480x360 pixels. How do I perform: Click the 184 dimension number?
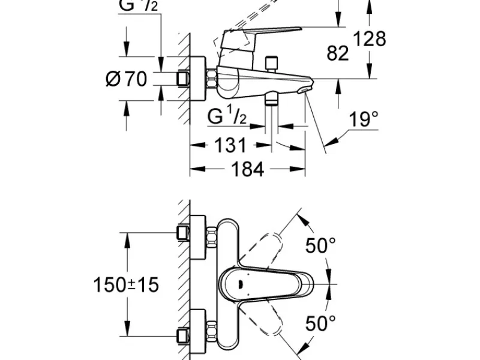point(247,169)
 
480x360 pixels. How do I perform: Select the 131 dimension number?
point(230,145)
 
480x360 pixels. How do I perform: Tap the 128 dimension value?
point(370,39)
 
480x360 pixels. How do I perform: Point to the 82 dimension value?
point(338,53)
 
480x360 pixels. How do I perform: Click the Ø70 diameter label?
point(126,79)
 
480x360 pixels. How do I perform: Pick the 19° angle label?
point(364,119)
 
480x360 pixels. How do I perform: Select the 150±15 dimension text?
point(126,284)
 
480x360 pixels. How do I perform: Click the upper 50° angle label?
point(320,245)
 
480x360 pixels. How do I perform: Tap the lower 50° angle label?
point(320,323)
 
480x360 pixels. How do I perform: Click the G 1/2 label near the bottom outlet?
point(227,116)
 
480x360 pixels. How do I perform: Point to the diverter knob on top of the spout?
point(272,63)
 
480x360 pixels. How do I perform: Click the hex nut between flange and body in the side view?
point(212,79)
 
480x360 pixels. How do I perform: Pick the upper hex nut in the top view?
point(212,237)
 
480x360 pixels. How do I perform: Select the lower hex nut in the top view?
point(212,331)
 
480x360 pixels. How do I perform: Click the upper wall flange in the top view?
point(198,237)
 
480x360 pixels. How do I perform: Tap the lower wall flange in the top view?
point(198,332)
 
